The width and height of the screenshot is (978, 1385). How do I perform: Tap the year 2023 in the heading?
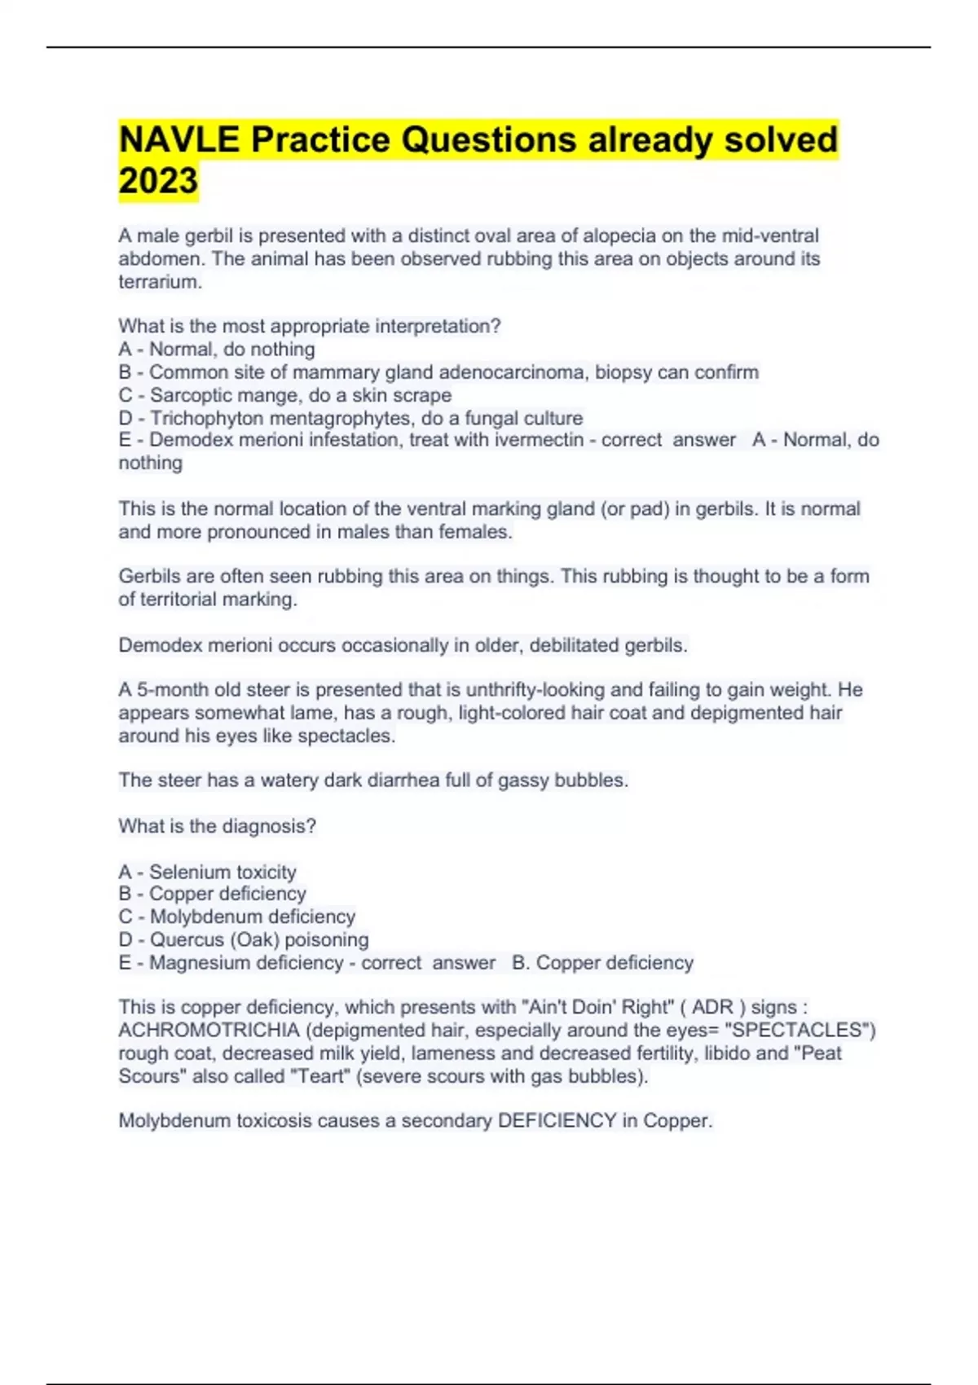point(158,181)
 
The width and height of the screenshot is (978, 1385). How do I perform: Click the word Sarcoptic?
point(190,395)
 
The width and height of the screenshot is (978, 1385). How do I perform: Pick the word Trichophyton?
point(207,418)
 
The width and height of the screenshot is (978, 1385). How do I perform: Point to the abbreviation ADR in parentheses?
point(713,1007)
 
